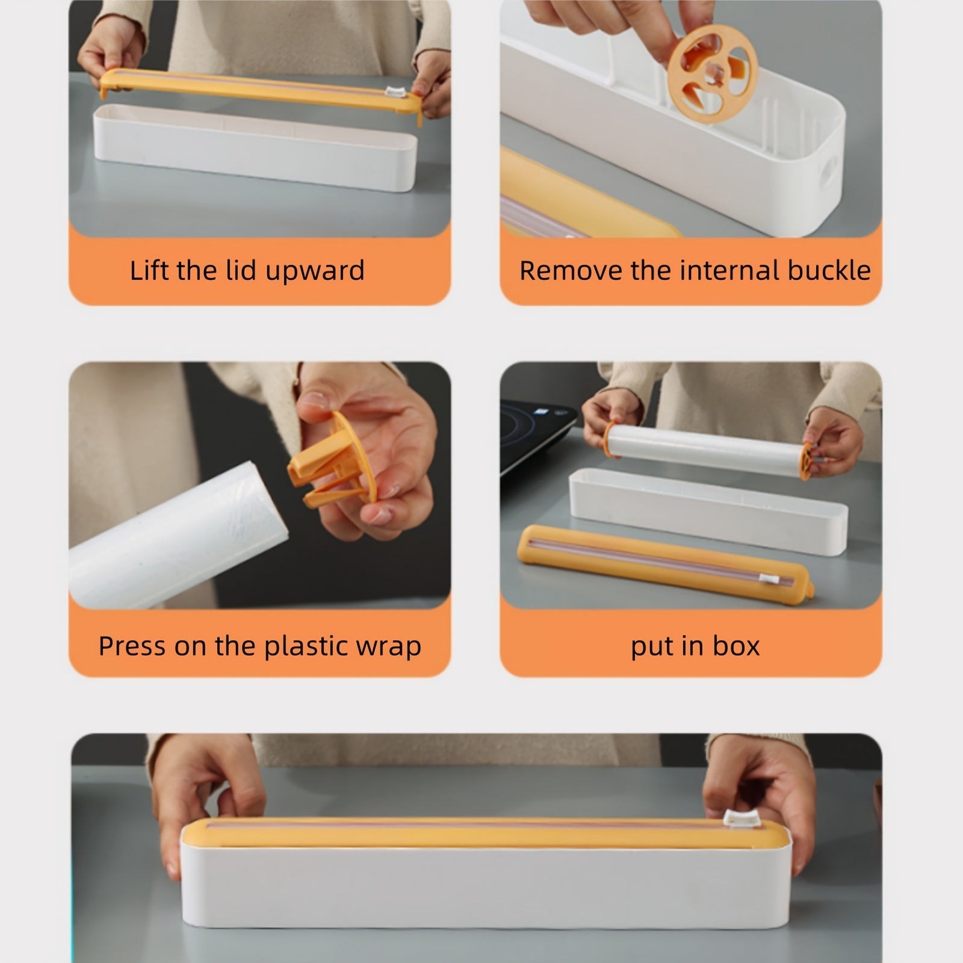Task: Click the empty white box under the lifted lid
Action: coord(256,147)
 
